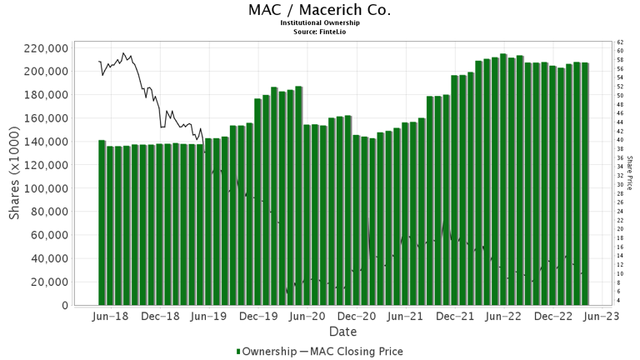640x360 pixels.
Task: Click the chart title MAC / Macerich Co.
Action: (319, 10)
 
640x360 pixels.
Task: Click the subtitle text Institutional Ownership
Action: (319, 22)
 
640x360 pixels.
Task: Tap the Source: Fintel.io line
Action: (319, 31)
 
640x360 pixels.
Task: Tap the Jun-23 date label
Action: (600, 317)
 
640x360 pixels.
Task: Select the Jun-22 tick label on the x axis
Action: (503, 317)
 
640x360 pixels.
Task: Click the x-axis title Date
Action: (342, 332)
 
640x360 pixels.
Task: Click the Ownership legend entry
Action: (265, 352)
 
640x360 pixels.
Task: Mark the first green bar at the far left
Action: (102, 222)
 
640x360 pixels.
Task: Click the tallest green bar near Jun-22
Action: (503, 179)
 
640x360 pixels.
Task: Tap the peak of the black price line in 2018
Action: (124, 53)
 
